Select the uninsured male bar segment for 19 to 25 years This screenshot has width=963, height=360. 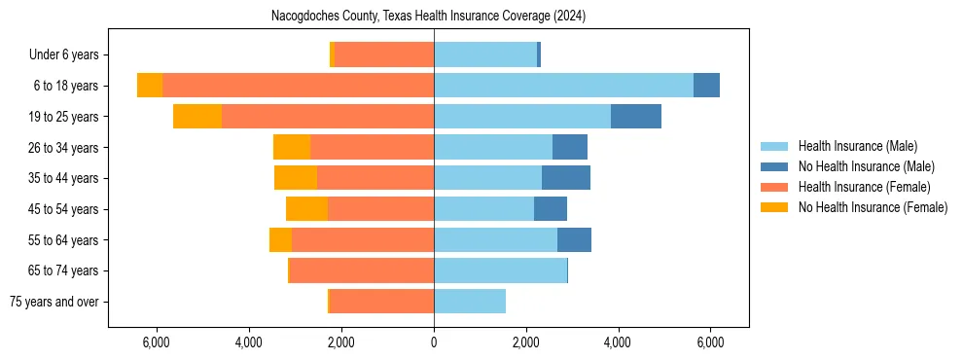(636, 116)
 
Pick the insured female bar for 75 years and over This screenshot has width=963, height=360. (382, 302)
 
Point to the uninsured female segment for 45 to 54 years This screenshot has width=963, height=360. (306, 209)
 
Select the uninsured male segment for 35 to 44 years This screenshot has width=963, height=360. (566, 178)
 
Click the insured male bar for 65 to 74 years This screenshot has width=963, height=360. (500, 270)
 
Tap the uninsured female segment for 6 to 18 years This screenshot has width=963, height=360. (150, 86)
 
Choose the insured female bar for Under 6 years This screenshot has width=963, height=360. (384, 54)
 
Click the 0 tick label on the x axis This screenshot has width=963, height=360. (434, 342)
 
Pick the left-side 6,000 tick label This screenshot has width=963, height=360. (157, 342)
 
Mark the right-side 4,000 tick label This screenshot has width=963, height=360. (618, 342)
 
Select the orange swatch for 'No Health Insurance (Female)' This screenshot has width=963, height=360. (775, 207)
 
